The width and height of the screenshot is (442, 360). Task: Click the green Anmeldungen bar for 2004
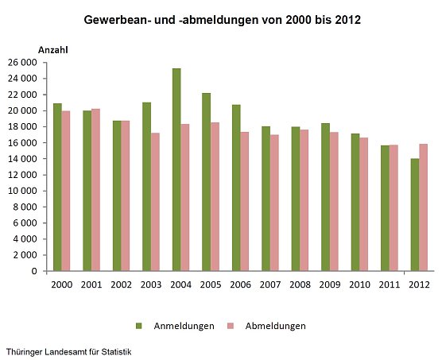[x=176, y=169]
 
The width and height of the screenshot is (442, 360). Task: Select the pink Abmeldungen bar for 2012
[x=423, y=207]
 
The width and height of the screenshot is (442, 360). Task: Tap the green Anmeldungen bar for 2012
[x=414, y=215]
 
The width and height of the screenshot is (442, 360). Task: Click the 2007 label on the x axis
[x=269, y=285]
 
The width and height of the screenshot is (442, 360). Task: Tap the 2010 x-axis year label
[x=359, y=285]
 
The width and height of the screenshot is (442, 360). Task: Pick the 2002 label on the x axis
[x=121, y=285]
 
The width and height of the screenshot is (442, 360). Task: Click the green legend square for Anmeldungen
[x=138, y=326]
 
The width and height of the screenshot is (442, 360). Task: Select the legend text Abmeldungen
[x=274, y=326]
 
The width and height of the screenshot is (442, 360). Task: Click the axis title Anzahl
[x=53, y=49]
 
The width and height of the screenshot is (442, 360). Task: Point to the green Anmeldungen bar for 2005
[x=206, y=182]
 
